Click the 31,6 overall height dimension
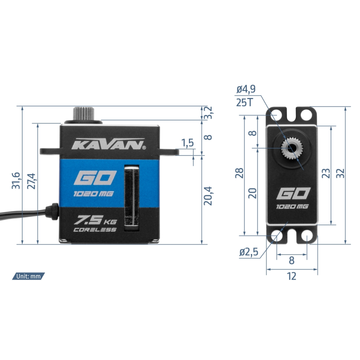(16, 181)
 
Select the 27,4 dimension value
(31, 181)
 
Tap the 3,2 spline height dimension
(208, 113)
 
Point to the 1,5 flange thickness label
(188, 143)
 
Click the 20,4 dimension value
(208, 196)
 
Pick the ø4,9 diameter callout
(246, 89)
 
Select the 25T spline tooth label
(244, 103)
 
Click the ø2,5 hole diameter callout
(249, 252)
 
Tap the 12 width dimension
(292, 276)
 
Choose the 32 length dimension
(340, 173)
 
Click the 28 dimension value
(239, 173)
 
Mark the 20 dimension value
(252, 193)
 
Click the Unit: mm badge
(28, 276)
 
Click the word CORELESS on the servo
(95, 229)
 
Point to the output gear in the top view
(292, 148)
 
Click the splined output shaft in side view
(84, 113)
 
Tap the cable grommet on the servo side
(52, 211)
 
